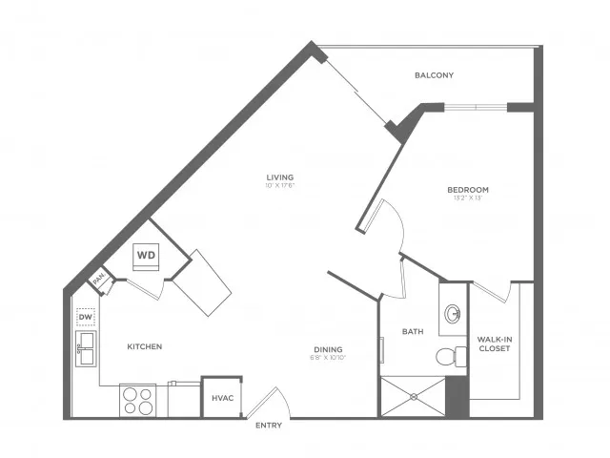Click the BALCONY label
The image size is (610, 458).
[434, 75]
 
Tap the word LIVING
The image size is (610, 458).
[279, 177]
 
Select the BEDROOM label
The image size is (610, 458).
[468, 189]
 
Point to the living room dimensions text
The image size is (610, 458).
[279, 185]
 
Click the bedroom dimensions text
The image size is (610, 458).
[468, 198]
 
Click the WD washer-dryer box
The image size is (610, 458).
[146, 256]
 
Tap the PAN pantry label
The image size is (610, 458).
[98, 281]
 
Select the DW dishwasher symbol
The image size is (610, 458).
[86, 316]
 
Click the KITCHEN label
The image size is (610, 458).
[144, 346]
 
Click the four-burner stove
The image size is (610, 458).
[137, 400]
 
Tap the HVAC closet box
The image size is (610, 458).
[223, 397]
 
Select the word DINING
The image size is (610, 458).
[328, 348]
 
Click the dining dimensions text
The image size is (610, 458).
[328, 358]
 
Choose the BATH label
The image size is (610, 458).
[412, 332]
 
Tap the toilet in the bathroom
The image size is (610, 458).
[448, 358]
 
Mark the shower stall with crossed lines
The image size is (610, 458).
[413, 396]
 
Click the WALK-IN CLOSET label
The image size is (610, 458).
[492, 343]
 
